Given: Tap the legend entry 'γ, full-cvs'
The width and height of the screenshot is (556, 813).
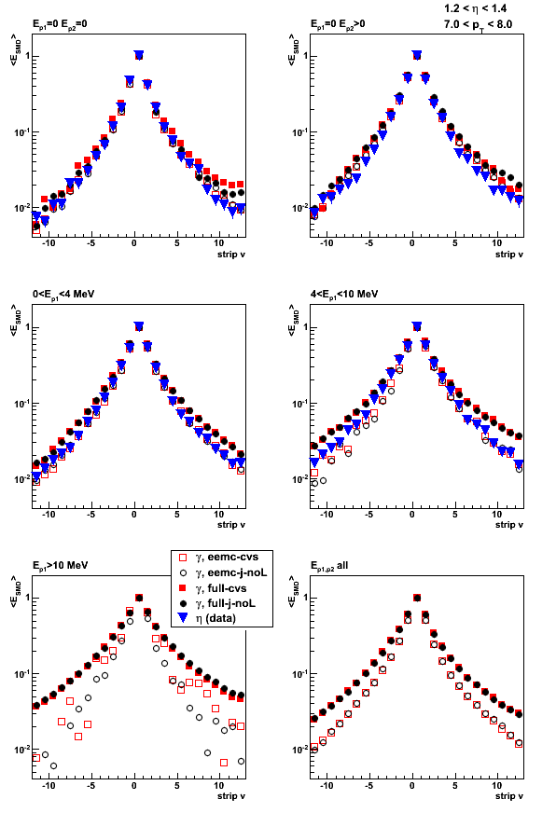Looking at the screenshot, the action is tap(221, 588).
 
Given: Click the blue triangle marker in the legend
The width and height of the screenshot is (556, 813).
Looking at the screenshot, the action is tap(183, 618).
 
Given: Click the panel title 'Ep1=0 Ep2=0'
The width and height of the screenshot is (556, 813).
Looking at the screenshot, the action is tap(60, 24).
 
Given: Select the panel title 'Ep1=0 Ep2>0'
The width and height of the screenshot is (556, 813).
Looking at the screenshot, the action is tap(338, 24).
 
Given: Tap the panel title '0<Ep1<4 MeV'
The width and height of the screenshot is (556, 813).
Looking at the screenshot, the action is tap(63, 295).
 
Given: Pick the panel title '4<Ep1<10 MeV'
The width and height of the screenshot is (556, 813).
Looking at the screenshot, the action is tap(344, 295).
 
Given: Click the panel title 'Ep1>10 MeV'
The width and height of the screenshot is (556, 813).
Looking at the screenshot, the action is tap(60, 565).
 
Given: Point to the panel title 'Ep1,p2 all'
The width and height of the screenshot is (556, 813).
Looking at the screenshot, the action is tap(328, 566).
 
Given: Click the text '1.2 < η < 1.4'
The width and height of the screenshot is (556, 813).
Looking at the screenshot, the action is tap(476, 8).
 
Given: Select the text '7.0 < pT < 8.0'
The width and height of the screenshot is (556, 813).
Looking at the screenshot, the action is tap(478, 25).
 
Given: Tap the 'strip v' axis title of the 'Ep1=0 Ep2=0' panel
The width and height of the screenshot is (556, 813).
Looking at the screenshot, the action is tap(231, 254).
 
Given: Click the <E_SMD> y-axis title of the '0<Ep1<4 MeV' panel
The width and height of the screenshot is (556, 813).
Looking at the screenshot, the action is tap(15, 320).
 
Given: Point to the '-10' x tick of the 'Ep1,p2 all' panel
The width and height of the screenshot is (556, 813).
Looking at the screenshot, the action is tap(327, 786).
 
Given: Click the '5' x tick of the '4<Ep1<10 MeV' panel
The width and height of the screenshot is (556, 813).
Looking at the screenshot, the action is tap(455, 515).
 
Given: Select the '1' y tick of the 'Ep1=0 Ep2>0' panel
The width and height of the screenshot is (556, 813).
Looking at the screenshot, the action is tap(304, 56).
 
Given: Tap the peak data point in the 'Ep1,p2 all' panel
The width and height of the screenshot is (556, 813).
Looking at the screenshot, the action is tap(416, 598).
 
